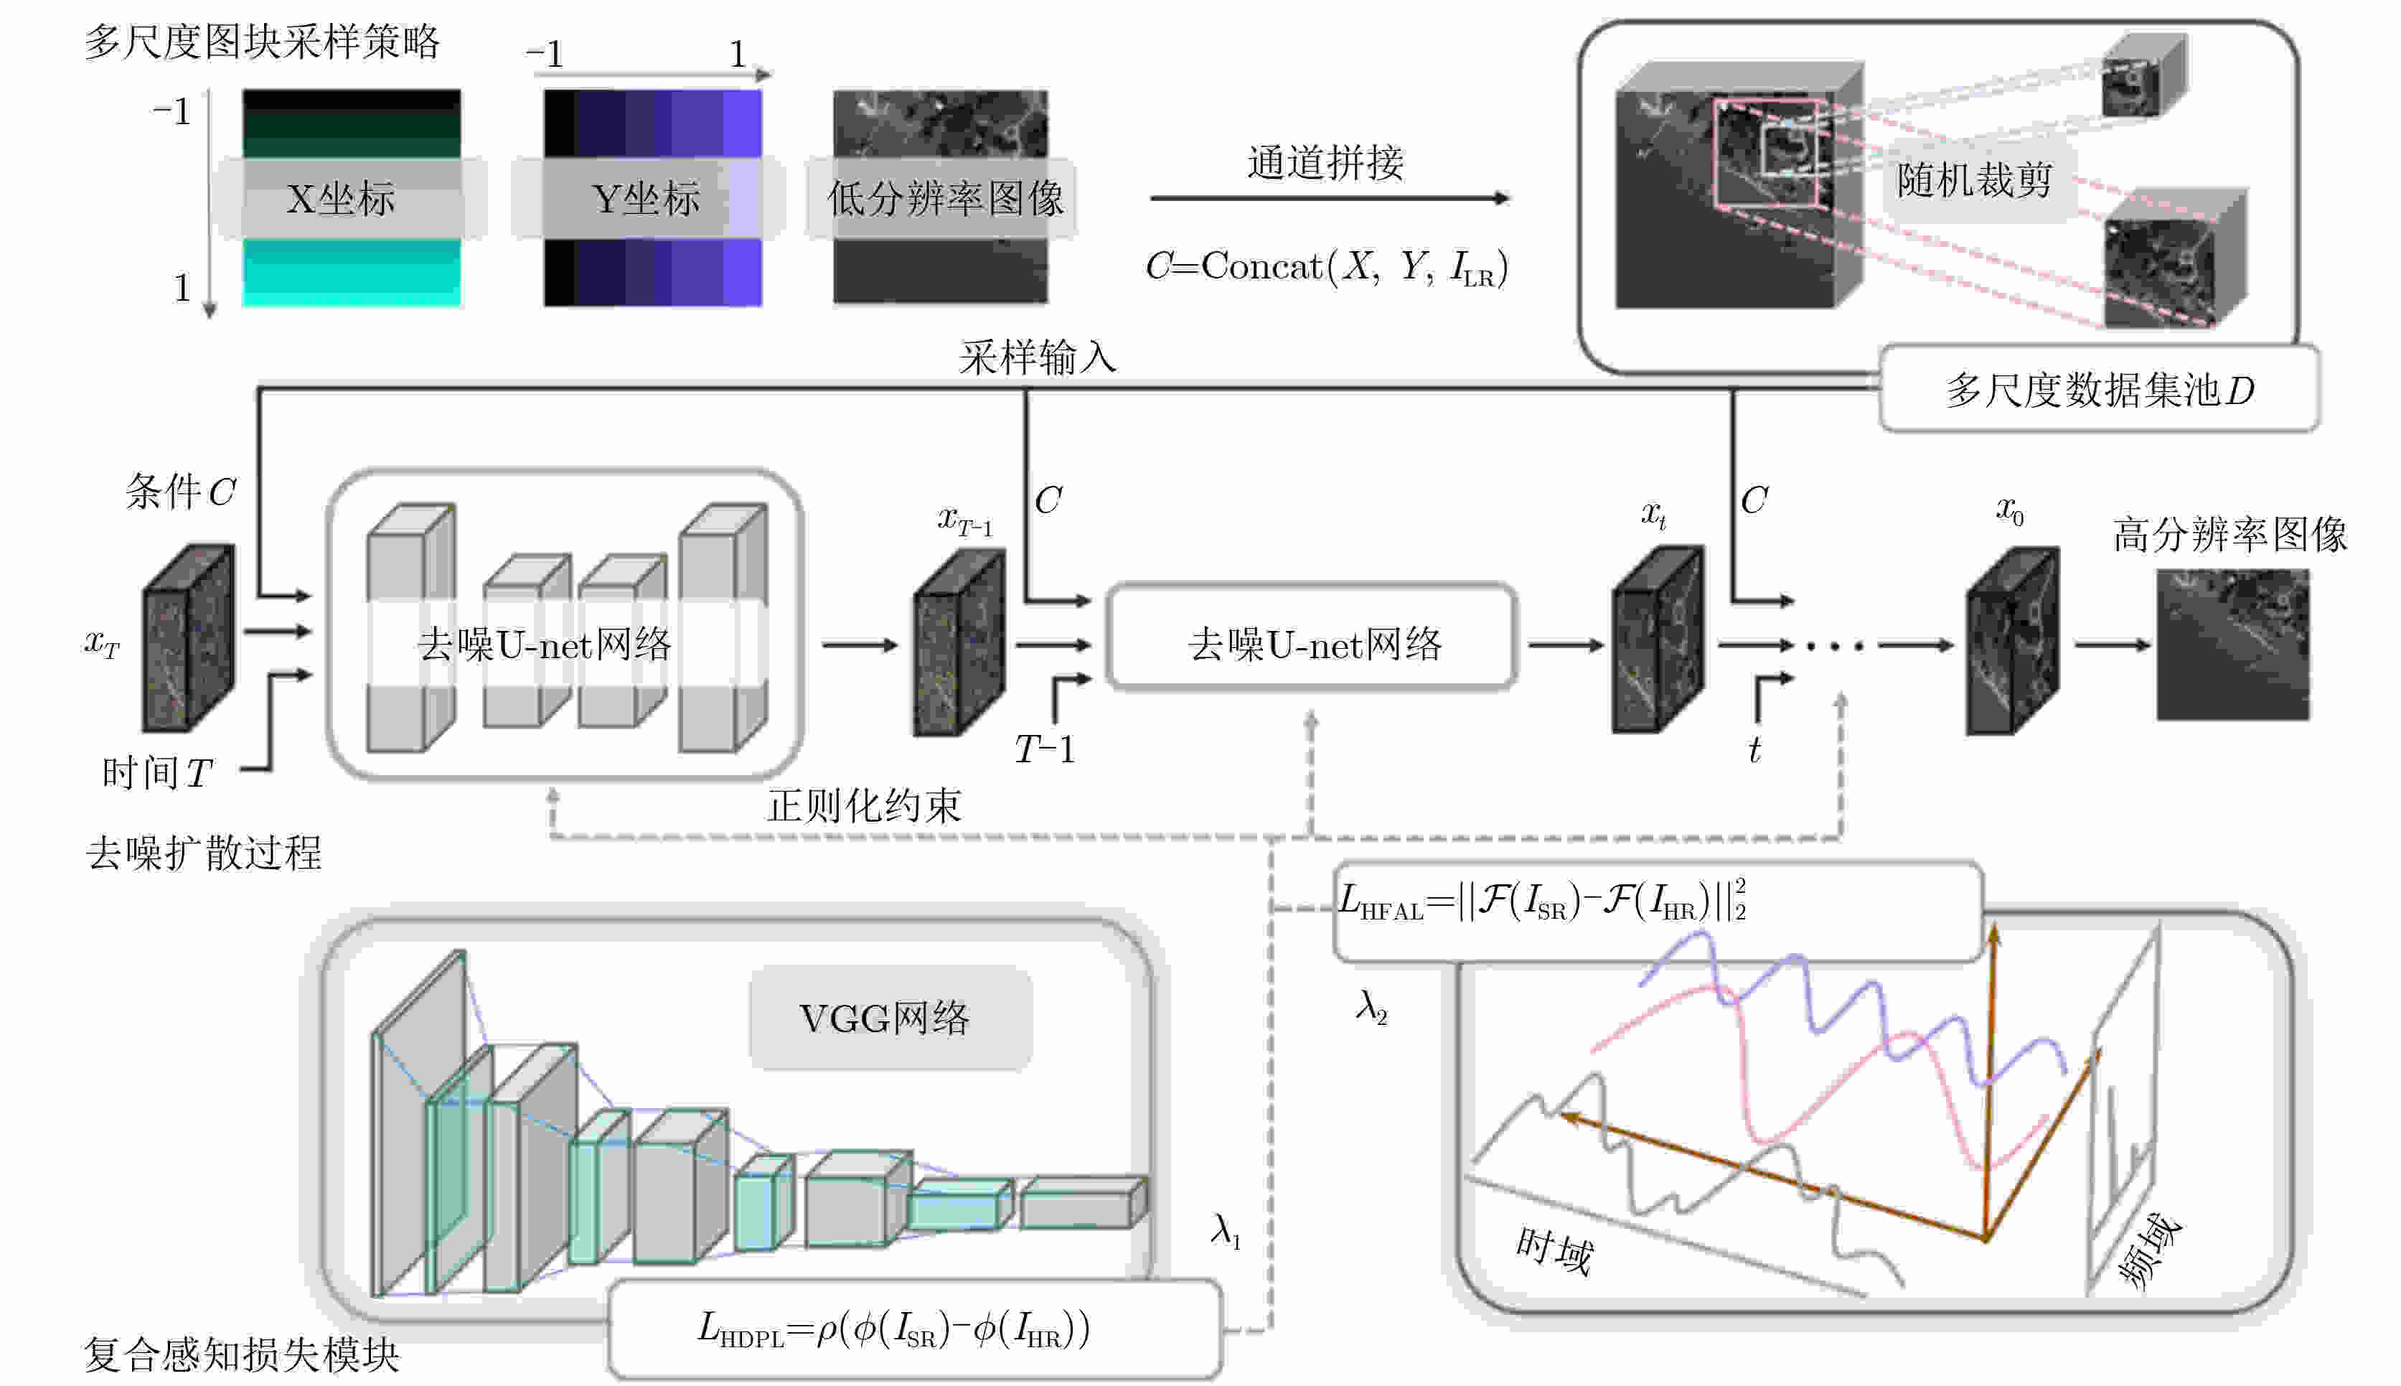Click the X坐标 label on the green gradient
[341, 199]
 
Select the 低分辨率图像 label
[944, 199]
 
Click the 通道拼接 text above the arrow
[1325, 163]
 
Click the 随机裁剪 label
[1974, 180]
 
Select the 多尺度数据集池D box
[2098, 389]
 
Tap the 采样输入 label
[1038, 358]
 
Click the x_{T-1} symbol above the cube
[964, 520]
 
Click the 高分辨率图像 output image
[2232, 645]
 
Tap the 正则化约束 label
[864, 806]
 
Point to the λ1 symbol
[1226, 1231]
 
